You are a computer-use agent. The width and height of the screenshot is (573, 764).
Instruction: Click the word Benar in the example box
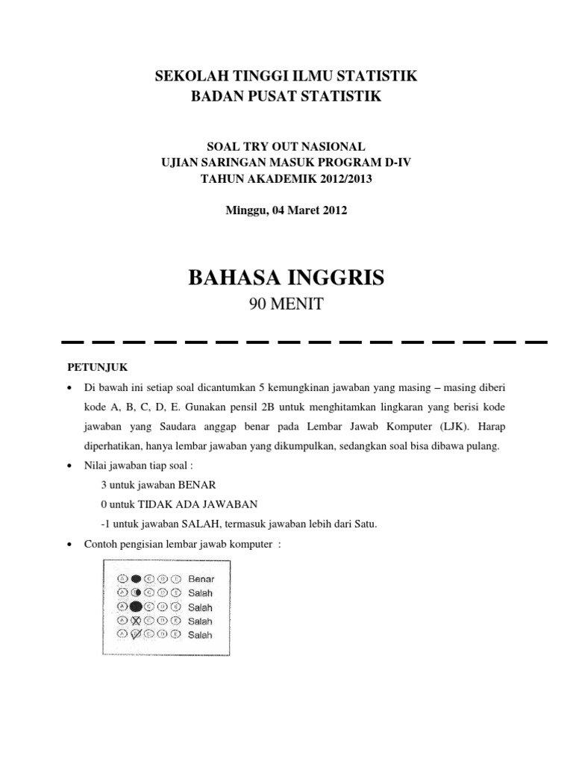click(x=201, y=578)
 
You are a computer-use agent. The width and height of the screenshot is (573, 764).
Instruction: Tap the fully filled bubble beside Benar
click(x=136, y=578)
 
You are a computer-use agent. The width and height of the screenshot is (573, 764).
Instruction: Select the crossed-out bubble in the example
click(x=136, y=621)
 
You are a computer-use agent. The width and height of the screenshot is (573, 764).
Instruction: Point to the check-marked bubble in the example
click(x=136, y=635)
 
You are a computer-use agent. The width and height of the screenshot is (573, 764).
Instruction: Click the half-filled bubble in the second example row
click(x=136, y=592)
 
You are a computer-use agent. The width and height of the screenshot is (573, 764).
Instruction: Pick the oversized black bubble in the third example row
click(x=137, y=607)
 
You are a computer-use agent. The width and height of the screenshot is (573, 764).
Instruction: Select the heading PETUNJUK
click(x=88, y=367)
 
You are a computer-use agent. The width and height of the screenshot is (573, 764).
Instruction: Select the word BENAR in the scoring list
click(x=195, y=484)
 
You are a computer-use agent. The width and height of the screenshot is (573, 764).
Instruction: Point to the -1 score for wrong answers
click(x=105, y=523)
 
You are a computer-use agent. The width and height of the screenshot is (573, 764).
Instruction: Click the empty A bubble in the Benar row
click(x=122, y=578)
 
